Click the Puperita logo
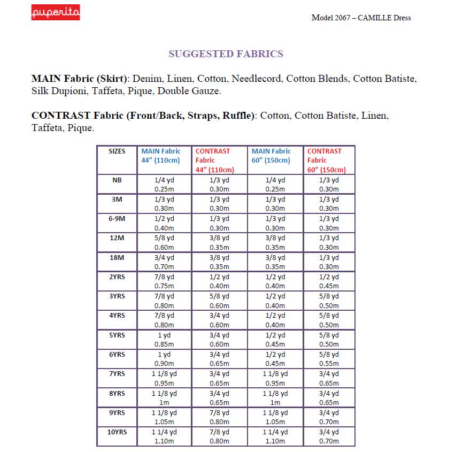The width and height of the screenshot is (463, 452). tap(55, 12)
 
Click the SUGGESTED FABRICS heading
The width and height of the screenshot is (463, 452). tap(226, 54)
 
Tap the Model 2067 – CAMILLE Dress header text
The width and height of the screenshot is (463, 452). tap(361, 18)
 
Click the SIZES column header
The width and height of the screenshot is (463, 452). tap(117, 151)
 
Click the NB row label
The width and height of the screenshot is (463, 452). tap(117, 180)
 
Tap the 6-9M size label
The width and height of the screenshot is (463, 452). tap(117, 219)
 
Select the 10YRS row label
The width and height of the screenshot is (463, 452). tap(117, 432)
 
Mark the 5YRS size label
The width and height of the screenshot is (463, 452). tap(117, 335)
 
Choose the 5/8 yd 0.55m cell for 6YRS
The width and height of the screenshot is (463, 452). tap(328, 359)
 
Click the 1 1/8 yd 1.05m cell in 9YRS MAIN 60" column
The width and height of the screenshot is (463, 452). tap(275, 417)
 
